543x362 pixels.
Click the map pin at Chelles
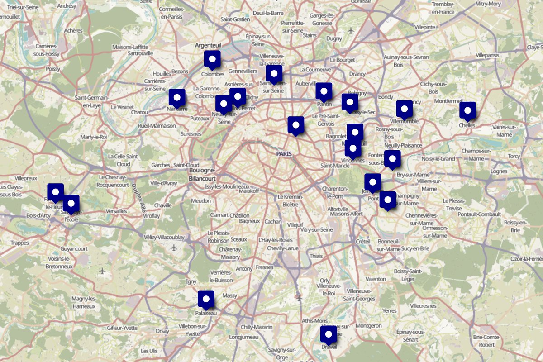(x=467, y=110)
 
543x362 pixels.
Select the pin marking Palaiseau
(x=206, y=299)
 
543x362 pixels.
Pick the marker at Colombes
(x=212, y=59)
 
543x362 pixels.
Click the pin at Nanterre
(x=177, y=97)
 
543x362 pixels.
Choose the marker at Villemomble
(x=404, y=109)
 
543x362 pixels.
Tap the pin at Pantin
(x=324, y=91)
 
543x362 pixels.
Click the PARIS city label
(x=284, y=154)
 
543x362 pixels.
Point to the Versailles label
(x=116, y=211)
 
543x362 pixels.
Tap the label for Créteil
(x=362, y=242)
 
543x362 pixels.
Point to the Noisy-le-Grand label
(x=438, y=159)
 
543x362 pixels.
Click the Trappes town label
(x=19, y=243)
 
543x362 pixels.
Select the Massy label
(x=230, y=295)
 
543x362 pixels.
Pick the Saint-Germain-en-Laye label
(x=91, y=101)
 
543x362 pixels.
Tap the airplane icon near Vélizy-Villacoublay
(x=174, y=248)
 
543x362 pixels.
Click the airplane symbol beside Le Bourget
(x=352, y=31)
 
